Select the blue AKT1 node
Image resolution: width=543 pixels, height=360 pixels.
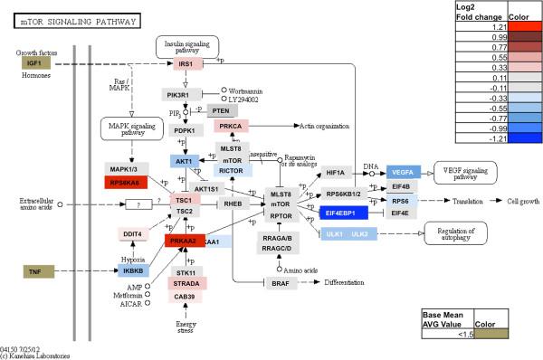[184, 160]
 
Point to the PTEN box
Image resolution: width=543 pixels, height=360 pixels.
[221, 110]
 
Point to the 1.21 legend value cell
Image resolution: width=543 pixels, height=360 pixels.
[480, 27]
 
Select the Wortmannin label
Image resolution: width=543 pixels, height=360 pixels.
[250, 90]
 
